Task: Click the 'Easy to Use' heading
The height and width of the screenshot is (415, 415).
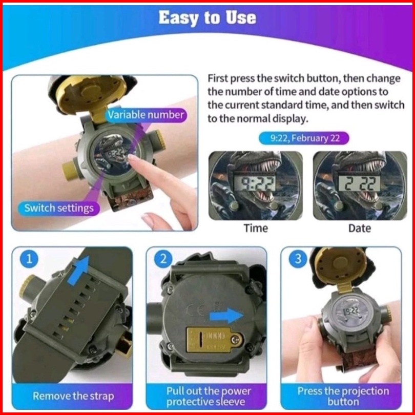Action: click(208, 18)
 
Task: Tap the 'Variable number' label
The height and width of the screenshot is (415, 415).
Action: click(146, 115)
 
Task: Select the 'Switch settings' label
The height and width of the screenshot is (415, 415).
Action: click(59, 208)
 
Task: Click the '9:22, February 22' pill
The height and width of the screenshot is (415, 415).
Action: click(304, 138)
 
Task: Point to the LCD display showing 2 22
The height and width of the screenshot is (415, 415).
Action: click(360, 183)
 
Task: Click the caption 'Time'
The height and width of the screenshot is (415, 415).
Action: click(256, 228)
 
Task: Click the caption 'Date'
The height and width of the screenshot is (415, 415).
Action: click(360, 228)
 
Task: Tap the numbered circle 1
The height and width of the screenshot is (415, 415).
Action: click(29, 259)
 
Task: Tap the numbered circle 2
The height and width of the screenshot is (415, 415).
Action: click(163, 259)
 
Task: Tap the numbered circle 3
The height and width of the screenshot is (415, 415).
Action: click(298, 259)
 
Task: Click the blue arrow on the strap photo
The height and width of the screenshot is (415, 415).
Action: click(78, 270)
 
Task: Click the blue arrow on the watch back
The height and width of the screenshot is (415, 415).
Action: click(226, 316)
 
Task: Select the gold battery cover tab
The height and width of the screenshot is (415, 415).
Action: click(215, 340)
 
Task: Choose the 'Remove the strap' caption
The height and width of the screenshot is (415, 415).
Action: click(73, 396)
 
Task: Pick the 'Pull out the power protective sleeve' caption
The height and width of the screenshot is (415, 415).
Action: click(209, 396)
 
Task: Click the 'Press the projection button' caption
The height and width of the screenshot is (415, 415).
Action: click(343, 396)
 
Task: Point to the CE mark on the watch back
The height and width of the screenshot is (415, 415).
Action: click(196, 309)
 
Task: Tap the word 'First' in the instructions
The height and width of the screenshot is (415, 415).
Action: click(218, 78)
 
